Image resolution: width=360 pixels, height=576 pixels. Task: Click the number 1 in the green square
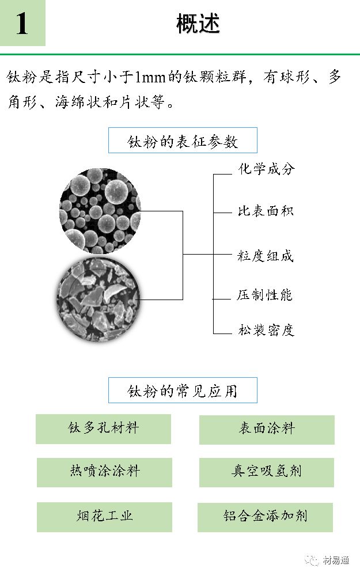(22, 24)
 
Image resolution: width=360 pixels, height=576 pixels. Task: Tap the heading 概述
(198, 24)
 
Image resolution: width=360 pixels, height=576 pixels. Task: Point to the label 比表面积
(266, 211)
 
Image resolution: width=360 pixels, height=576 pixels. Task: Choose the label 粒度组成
(266, 256)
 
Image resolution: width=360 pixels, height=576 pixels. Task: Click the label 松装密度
(266, 331)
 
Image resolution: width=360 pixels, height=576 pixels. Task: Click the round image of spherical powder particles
(100, 211)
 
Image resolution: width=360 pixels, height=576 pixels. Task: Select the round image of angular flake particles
(98, 298)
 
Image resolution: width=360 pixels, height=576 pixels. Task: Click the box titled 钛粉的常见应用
(183, 391)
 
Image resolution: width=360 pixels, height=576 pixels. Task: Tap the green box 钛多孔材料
(104, 429)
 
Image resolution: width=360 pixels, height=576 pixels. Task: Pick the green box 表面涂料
(267, 429)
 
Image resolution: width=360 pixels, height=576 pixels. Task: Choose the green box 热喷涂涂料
(104, 472)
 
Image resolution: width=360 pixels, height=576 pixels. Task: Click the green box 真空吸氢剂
(267, 472)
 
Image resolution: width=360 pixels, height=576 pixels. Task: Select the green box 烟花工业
(104, 516)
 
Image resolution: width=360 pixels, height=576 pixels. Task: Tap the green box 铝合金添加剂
(266, 517)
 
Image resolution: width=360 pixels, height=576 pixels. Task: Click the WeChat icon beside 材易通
(313, 560)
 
